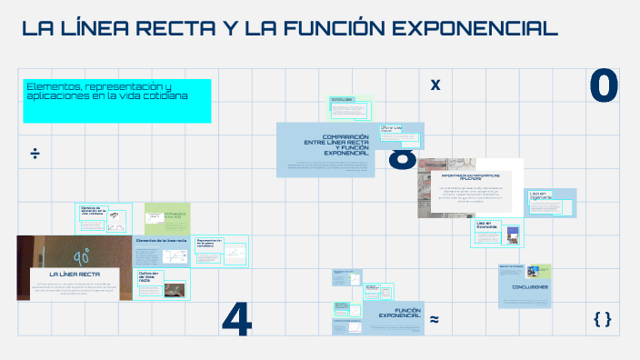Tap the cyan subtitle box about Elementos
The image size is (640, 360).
(x=117, y=100)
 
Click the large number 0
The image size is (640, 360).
(x=604, y=87)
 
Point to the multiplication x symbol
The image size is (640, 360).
(x=435, y=85)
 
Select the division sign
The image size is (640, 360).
(x=35, y=153)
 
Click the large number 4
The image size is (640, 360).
(x=236, y=317)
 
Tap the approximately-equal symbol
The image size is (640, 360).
(x=435, y=319)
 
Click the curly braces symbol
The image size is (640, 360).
(x=602, y=318)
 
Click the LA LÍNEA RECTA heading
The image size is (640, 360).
(x=75, y=274)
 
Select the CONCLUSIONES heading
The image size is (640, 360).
(x=530, y=287)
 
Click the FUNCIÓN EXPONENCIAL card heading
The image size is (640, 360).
(x=399, y=313)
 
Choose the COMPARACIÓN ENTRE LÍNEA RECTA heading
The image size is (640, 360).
(x=336, y=145)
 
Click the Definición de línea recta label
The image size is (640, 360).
(x=149, y=276)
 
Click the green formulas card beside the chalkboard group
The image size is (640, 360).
(x=167, y=217)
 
